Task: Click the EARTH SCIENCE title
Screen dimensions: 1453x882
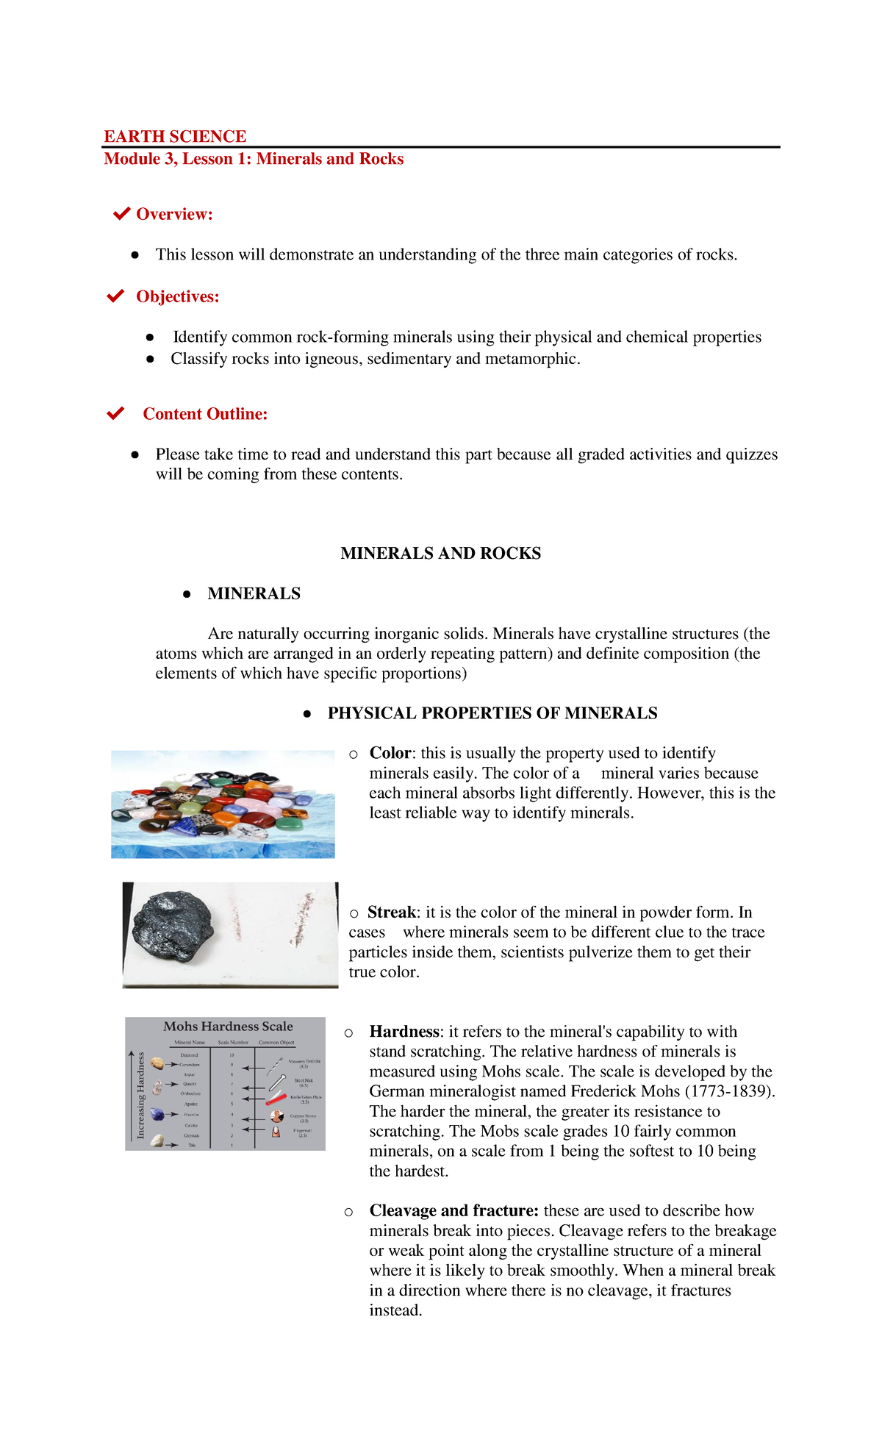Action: (175, 137)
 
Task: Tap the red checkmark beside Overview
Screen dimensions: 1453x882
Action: (121, 214)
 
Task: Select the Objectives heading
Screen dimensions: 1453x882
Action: (177, 296)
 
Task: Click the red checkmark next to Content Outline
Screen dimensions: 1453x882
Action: (115, 413)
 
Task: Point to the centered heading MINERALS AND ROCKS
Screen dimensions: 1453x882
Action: (440, 553)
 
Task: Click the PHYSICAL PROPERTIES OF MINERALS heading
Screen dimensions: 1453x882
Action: (492, 713)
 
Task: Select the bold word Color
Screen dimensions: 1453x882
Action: (390, 753)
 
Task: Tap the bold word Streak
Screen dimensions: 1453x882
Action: (392, 913)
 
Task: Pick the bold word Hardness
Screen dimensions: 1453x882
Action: (404, 1032)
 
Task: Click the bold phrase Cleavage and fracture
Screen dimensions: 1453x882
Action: (453, 1210)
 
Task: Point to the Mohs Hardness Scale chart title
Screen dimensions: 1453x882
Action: (228, 1027)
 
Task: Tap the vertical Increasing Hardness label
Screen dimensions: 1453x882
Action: (140, 1096)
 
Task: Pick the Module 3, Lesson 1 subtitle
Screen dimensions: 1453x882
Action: (254, 159)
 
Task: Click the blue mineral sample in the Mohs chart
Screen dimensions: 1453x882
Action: (157, 1114)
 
